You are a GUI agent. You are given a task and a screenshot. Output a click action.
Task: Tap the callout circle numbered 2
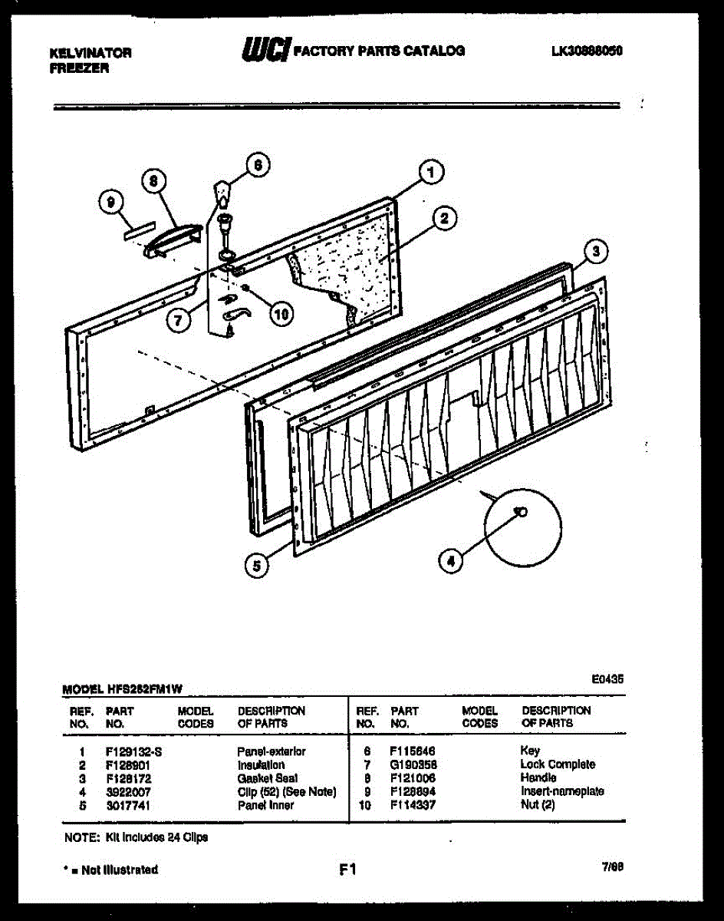pyautogui.click(x=443, y=220)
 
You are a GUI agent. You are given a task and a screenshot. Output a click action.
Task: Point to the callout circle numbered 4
pyautogui.click(x=451, y=561)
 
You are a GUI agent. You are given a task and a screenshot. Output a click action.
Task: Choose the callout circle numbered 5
pyautogui.click(x=256, y=566)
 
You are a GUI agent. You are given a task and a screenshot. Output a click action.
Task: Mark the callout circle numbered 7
pyautogui.click(x=178, y=320)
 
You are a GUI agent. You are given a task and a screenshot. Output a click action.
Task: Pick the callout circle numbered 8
pyautogui.click(x=153, y=182)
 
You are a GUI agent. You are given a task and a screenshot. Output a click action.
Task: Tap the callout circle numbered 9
pyautogui.click(x=111, y=203)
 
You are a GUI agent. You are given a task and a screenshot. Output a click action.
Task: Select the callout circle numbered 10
pyautogui.click(x=281, y=313)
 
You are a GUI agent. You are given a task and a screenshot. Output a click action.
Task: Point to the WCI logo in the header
pyautogui.click(x=264, y=51)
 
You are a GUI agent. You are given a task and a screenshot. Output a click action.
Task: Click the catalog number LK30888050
pyautogui.click(x=586, y=51)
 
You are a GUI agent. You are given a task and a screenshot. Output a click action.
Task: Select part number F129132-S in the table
pyautogui.click(x=133, y=751)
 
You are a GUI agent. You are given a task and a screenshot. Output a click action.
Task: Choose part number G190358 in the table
pyautogui.click(x=413, y=764)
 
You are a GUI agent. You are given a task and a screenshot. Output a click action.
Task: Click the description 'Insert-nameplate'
pyautogui.click(x=562, y=791)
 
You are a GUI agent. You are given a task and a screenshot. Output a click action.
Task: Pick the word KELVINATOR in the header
pyautogui.click(x=90, y=54)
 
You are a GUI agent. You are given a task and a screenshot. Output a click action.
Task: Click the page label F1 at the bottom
pyautogui.click(x=347, y=870)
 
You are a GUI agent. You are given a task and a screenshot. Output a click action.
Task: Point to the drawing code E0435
pyautogui.click(x=607, y=679)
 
